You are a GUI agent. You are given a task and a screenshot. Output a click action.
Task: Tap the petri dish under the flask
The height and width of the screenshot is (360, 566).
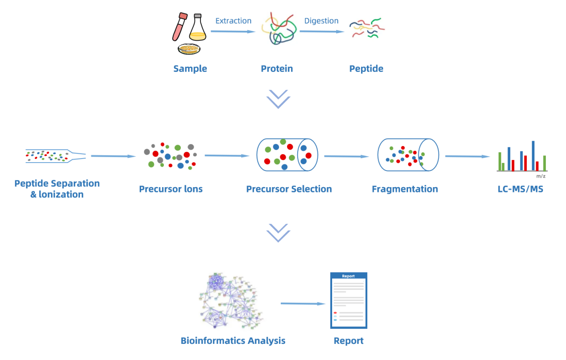click(189, 48)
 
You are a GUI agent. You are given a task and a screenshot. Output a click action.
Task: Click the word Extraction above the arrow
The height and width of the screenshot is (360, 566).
click(233, 21)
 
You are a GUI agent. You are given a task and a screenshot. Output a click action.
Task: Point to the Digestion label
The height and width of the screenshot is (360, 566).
click(321, 21)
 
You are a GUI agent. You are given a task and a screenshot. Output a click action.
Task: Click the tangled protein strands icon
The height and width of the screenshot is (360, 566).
click(279, 28)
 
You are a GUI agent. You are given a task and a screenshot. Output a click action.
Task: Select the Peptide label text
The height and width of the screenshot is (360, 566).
click(366, 69)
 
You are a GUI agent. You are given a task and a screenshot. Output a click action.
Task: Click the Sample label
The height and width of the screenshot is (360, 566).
click(190, 69)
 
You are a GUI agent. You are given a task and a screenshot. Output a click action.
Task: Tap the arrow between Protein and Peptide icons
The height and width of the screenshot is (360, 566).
click(321, 31)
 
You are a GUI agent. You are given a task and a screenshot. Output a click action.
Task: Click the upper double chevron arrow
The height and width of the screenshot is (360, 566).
click(278, 99)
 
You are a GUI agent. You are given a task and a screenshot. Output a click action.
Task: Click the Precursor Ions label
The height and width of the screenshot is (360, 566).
click(171, 189)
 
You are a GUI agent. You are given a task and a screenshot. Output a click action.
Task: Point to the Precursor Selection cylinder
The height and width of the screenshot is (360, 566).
click(287, 155)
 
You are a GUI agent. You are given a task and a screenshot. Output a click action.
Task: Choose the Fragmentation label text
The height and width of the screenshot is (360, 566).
click(404, 189)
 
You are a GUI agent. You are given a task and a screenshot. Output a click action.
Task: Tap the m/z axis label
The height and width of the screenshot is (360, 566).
click(541, 176)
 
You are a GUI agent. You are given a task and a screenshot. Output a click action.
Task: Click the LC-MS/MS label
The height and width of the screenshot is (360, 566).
click(520, 189)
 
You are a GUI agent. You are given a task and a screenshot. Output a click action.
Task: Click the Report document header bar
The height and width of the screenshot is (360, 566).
click(349, 276)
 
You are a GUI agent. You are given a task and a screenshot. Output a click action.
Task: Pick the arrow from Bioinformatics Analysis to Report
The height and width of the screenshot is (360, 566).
click(303, 303)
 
